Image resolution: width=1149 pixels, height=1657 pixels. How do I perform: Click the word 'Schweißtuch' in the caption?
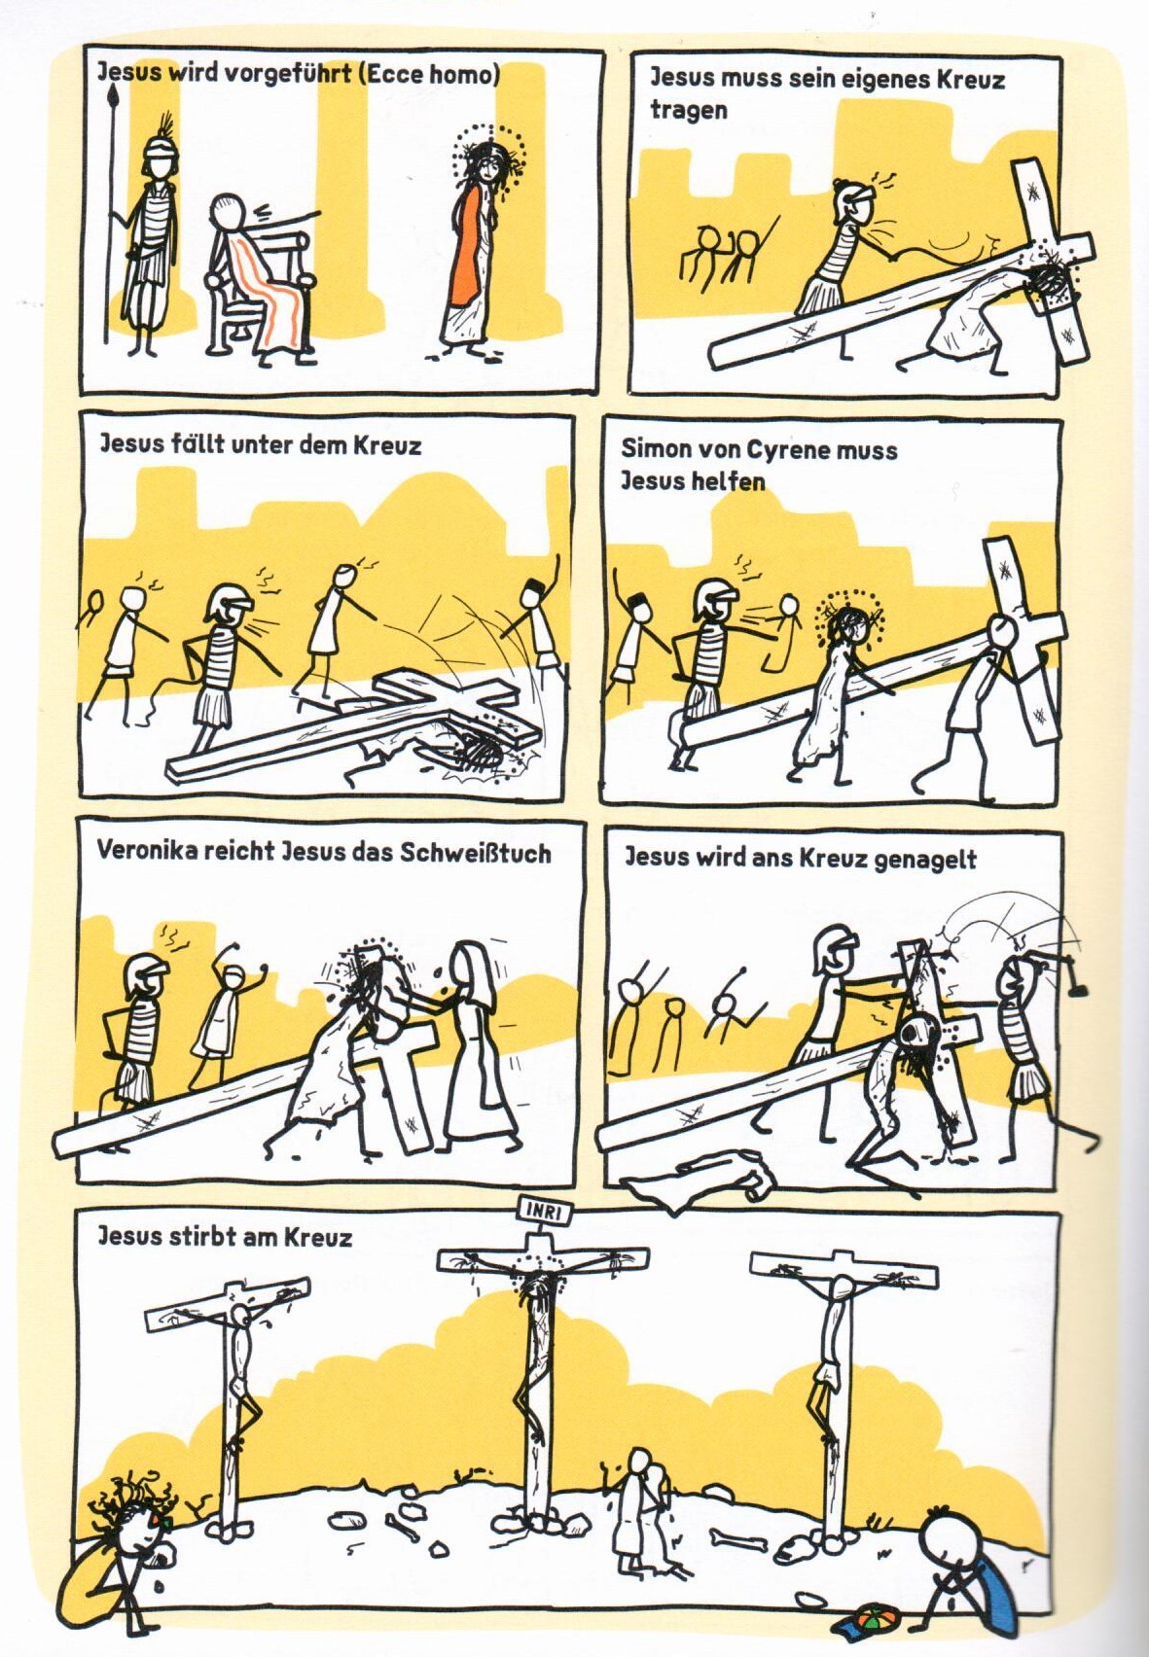[x=476, y=853]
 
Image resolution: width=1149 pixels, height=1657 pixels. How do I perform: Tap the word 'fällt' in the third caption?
[x=178, y=445]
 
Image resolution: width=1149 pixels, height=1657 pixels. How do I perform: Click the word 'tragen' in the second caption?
[x=679, y=110]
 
